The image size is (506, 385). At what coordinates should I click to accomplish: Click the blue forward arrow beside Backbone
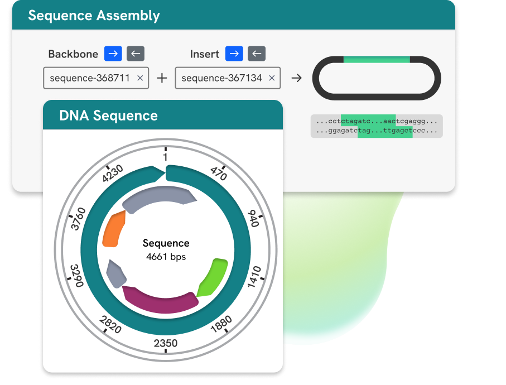113,54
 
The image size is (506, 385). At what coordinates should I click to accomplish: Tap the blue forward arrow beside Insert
234,54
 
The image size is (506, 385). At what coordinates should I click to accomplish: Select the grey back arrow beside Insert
256,54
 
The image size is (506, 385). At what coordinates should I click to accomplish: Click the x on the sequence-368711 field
140,78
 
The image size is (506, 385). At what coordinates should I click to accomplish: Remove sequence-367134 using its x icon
272,78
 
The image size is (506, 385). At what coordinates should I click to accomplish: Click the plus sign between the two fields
162,78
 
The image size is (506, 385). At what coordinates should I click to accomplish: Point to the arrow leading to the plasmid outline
297,78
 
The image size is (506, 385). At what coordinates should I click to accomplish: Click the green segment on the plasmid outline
377,59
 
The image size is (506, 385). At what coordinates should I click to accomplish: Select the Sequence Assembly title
94,16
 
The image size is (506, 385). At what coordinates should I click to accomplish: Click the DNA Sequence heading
108,116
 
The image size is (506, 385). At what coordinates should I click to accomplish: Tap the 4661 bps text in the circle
166,257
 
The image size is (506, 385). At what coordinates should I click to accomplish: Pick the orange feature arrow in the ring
114,229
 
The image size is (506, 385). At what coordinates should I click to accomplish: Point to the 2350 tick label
166,343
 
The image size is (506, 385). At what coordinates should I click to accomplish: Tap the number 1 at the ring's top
166,157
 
